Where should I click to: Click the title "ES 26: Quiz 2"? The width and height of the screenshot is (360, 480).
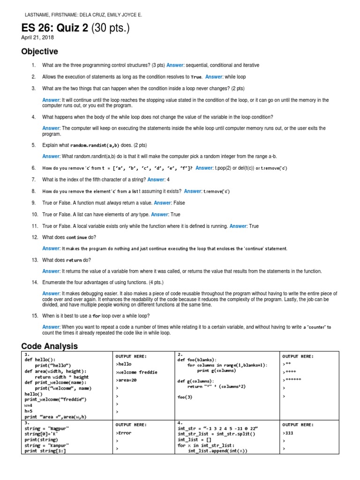[54, 29]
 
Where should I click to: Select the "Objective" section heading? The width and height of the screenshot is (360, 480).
[39, 52]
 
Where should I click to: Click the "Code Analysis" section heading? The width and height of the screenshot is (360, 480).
[49, 346]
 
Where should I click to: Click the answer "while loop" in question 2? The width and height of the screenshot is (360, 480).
[235, 77]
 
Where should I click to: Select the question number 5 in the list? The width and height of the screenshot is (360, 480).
[34, 145]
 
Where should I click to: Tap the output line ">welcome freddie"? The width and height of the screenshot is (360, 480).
[136, 372]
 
